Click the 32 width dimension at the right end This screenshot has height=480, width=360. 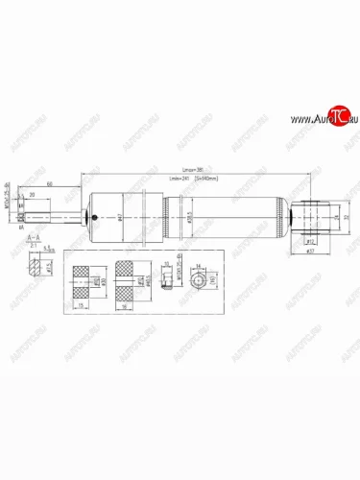coord(344,217)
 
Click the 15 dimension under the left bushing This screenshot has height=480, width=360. coord(83,305)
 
